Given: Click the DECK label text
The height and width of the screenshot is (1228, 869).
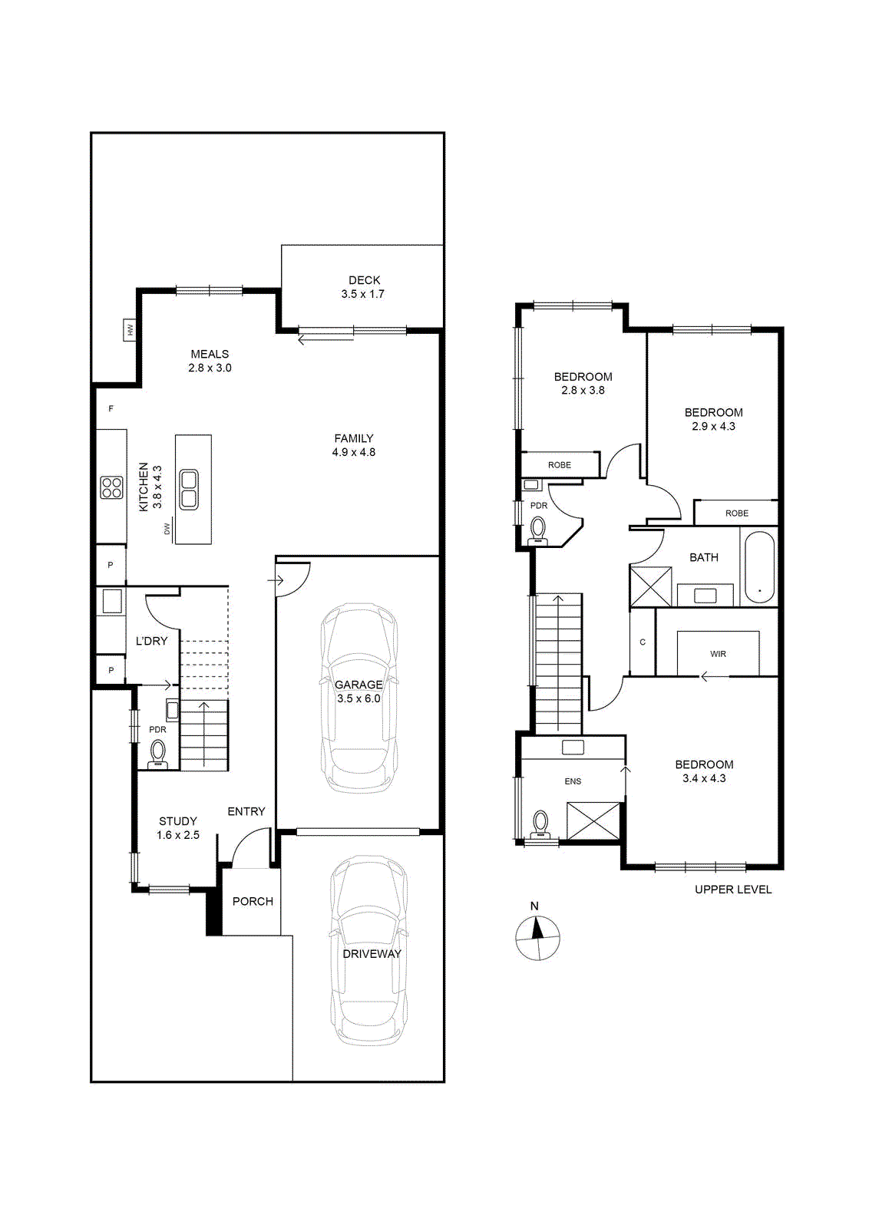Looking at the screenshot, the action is tap(364, 280).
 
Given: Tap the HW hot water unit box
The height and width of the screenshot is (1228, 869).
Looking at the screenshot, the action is tap(130, 330).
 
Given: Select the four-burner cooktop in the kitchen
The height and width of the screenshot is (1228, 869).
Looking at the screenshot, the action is tap(111, 487).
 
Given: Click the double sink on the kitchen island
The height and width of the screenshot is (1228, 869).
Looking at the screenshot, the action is tap(189, 489).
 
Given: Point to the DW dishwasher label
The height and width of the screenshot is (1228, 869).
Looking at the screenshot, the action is tap(167, 529).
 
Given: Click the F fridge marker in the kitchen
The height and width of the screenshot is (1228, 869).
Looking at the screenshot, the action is tap(111, 408).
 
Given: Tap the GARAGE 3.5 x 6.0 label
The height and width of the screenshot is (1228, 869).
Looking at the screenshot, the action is tap(359, 692).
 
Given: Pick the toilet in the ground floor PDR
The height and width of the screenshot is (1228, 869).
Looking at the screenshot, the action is tap(158, 753).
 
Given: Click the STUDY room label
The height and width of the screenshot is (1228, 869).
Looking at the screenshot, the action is tap(177, 821).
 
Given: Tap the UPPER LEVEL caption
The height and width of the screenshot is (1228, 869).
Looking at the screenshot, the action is tap(733, 890).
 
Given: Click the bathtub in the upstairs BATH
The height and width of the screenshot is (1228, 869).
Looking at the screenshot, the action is tap(758, 567).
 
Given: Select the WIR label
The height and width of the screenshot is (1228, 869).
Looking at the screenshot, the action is tap(718, 654).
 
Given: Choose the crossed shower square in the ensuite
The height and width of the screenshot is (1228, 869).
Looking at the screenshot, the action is tap(593, 820).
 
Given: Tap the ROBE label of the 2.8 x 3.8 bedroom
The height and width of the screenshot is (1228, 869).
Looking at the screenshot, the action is tap(559, 465).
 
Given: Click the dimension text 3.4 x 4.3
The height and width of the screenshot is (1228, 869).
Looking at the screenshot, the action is tap(704, 778).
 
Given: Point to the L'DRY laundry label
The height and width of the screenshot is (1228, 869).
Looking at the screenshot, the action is tap(151, 641).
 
